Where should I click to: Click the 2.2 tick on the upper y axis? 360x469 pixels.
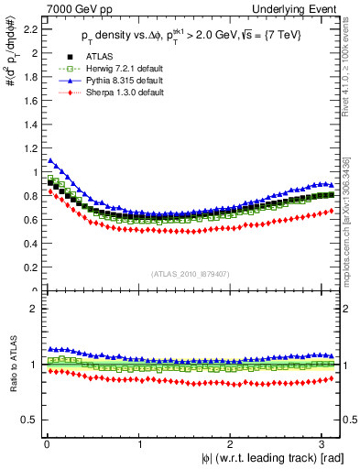(x=29, y=29)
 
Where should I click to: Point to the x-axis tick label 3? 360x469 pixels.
(x=322, y=444)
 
